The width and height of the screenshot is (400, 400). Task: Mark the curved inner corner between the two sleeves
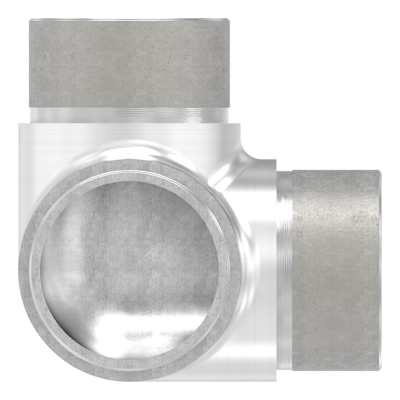click(x=250, y=150)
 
